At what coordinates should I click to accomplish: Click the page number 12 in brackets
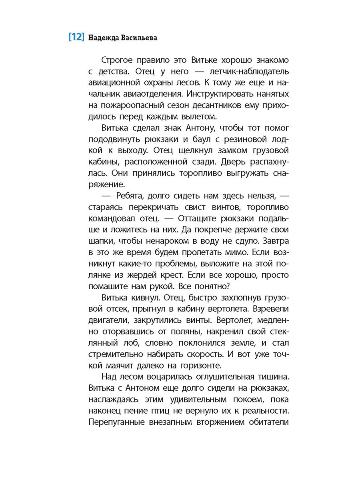pyautogui.click(x=76, y=37)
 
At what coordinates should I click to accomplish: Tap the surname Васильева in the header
pyautogui.click(x=139, y=38)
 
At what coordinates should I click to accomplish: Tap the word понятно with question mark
pyautogui.click(x=209, y=287)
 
